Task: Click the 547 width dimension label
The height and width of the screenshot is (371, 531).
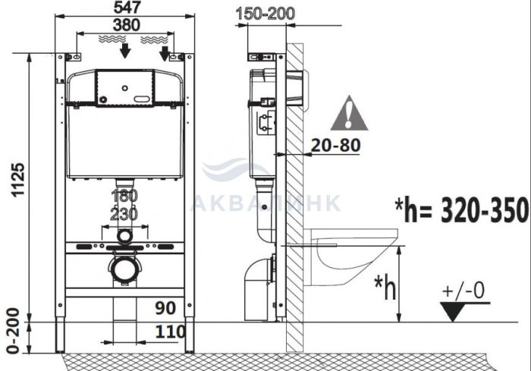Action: click(x=126, y=8)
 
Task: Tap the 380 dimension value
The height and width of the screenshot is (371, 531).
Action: click(x=126, y=25)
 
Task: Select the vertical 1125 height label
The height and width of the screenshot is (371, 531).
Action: click(x=18, y=180)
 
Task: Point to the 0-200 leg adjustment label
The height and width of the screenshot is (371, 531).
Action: click(x=13, y=331)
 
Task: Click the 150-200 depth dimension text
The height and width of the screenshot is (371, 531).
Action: click(x=265, y=14)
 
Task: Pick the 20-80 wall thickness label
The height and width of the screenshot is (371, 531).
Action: click(x=335, y=146)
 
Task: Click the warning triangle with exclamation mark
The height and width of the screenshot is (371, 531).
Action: click(x=349, y=113)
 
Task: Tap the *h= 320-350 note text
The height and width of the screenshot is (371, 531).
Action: click(x=462, y=210)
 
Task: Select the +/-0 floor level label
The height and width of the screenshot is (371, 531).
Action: click(x=463, y=291)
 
